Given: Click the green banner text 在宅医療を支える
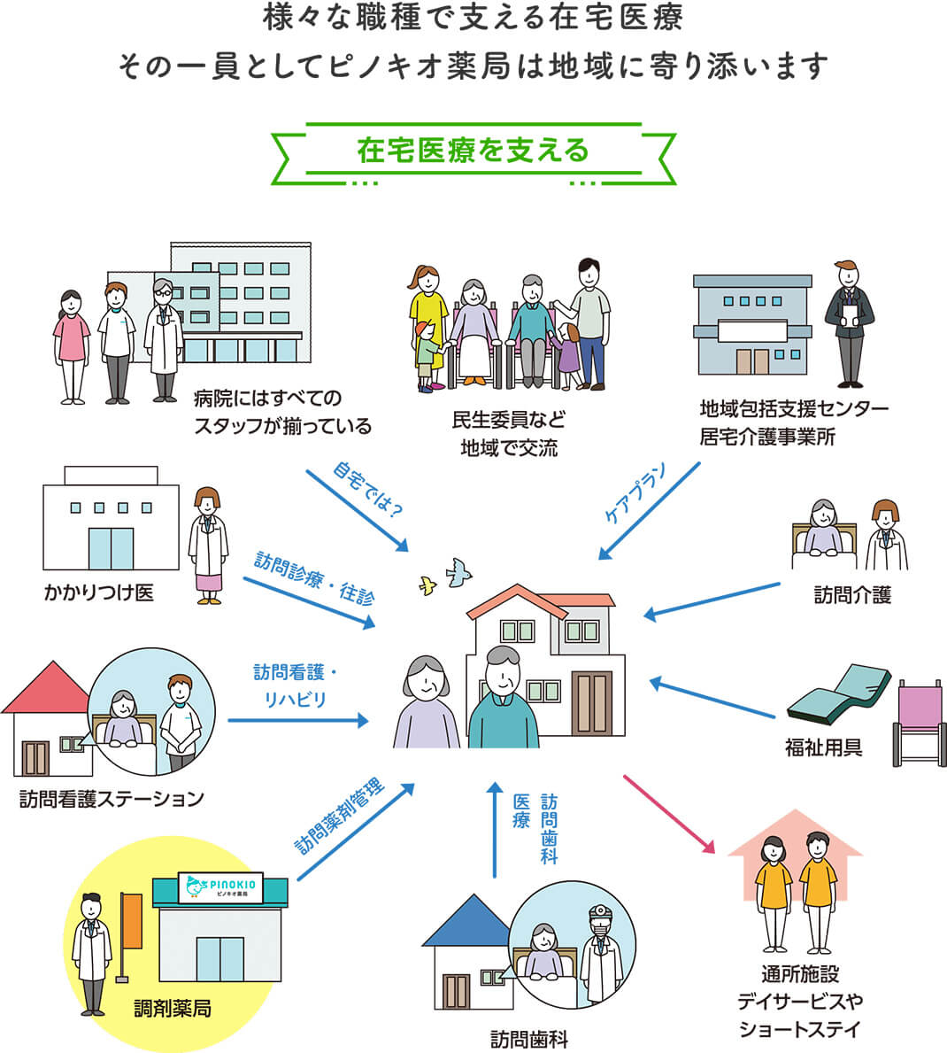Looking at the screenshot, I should [473, 151].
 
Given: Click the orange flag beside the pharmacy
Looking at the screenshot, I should [132, 921].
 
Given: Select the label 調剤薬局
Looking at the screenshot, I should [173, 1008].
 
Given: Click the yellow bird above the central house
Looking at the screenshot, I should [428, 585].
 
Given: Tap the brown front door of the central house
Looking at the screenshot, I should [591, 704].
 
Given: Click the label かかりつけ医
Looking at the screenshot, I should [99, 592].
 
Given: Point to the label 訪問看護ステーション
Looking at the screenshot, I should [112, 799].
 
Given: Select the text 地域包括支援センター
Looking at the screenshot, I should [793, 409].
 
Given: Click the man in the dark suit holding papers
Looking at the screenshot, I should [849, 323].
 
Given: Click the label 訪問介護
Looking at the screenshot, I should [852, 595].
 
